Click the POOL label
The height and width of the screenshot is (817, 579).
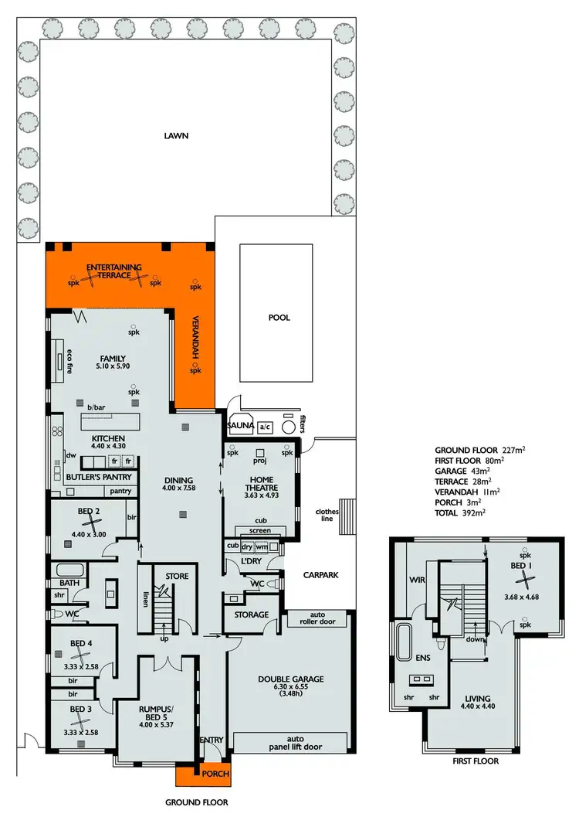point(279,318)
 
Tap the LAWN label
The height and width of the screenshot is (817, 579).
point(176,136)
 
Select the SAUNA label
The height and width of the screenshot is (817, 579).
point(239,426)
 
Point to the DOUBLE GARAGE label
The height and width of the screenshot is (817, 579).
point(290,679)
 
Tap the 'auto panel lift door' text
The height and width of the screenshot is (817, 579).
point(291,743)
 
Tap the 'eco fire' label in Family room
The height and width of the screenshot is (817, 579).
point(69,361)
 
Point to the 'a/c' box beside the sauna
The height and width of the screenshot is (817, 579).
point(265,427)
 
